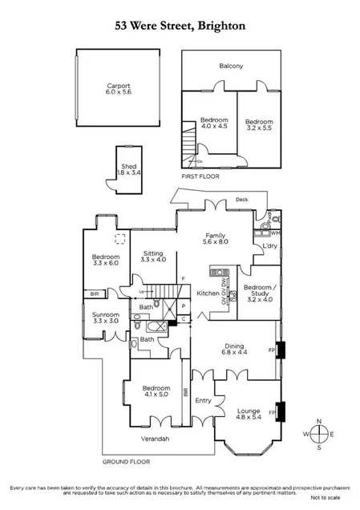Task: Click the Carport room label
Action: click(x=119, y=87)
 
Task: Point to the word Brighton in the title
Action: click(x=217, y=25)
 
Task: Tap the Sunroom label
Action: click(x=106, y=315)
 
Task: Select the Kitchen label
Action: click(x=208, y=294)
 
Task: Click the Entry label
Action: click(x=203, y=401)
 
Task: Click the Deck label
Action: click(x=241, y=200)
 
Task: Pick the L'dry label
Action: click(x=269, y=246)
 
